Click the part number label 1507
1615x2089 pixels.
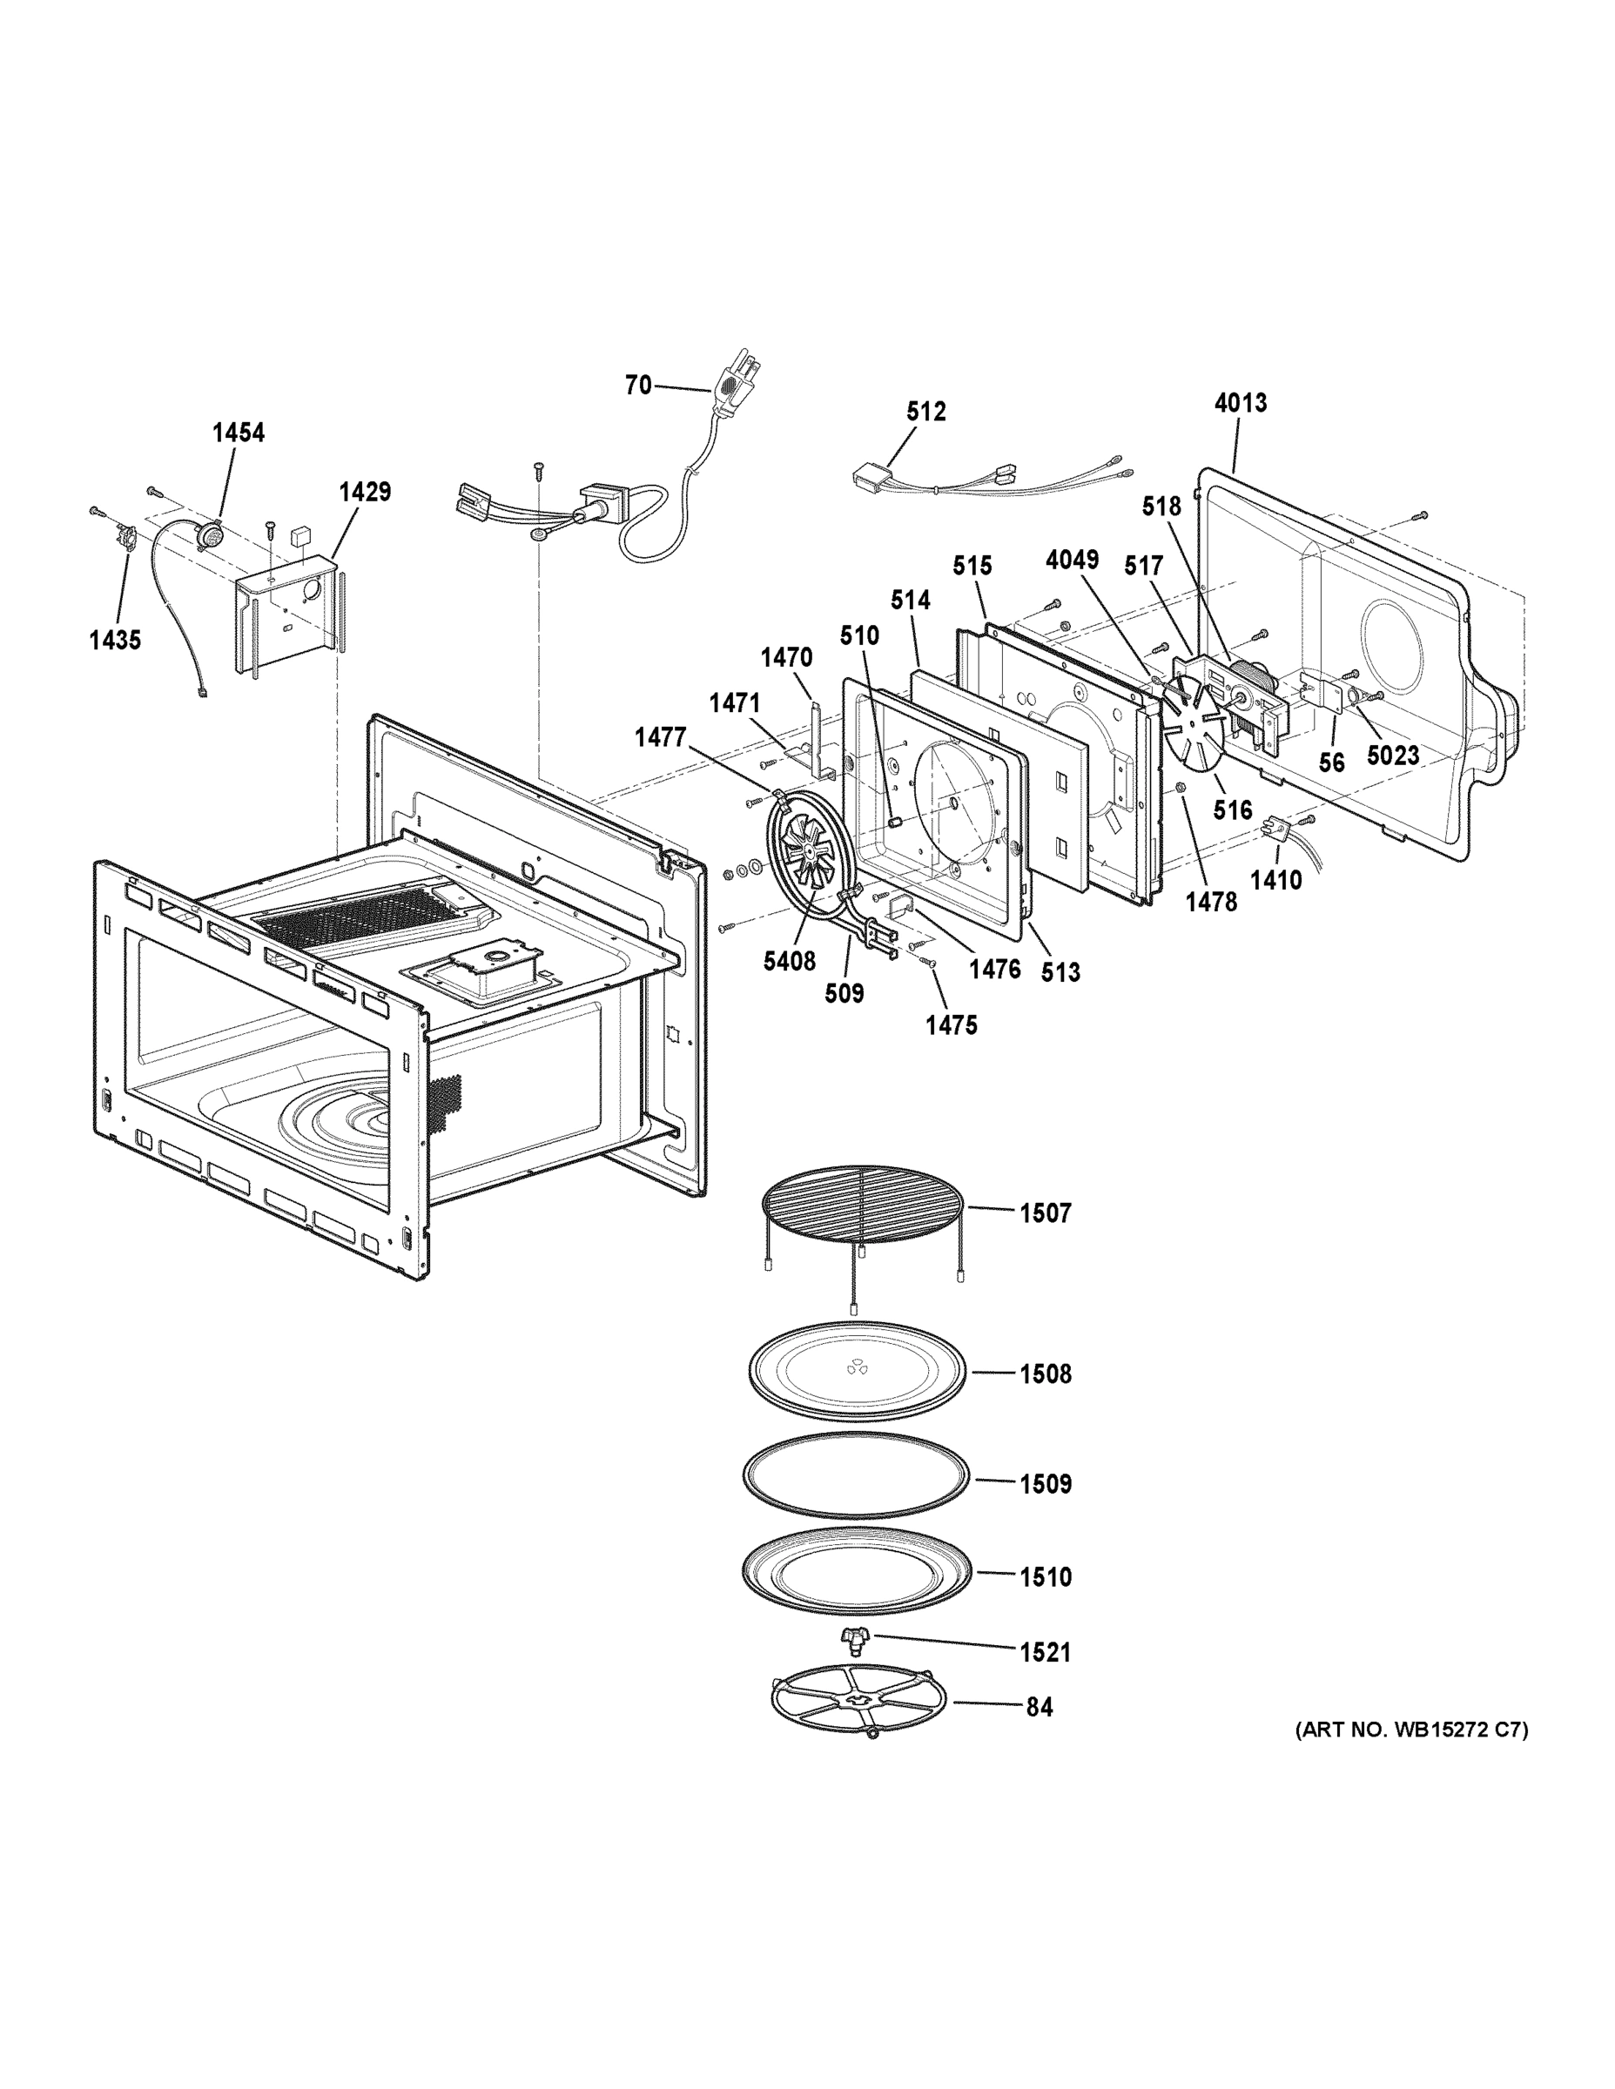click(x=1045, y=1212)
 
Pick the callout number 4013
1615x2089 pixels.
click(x=1240, y=403)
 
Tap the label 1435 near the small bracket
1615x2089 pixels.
click(x=115, y=640)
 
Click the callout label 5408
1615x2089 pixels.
click(x=790, y=961)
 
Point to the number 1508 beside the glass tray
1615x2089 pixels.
click(x=1045, y=1374)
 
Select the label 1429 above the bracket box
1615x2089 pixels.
click(x=365, y=492)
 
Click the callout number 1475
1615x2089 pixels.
click(x=951, y=1025)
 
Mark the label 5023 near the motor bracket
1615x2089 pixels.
click(x=1392, y=756)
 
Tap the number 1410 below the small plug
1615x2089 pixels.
click(x=1275, y=879)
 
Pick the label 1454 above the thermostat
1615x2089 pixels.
click(x=239, y=433)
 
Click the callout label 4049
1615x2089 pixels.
click(x=1072, y=560)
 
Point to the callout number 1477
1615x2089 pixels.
click(x=660, y=736)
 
